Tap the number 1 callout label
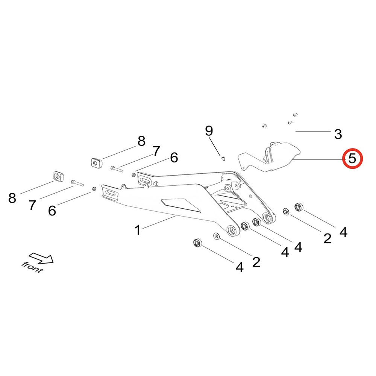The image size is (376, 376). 138,229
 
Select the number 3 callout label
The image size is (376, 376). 338,133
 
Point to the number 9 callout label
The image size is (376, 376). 209,131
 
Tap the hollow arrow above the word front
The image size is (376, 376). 42,258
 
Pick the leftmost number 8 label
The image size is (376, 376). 12,198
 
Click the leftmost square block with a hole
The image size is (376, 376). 58,176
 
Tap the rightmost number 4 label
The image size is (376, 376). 343,232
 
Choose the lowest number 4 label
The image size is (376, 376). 239,267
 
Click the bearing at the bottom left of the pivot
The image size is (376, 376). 197,243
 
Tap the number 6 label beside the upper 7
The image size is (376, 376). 174,158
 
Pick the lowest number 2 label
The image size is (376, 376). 256,262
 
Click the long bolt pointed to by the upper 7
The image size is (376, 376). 117,169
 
